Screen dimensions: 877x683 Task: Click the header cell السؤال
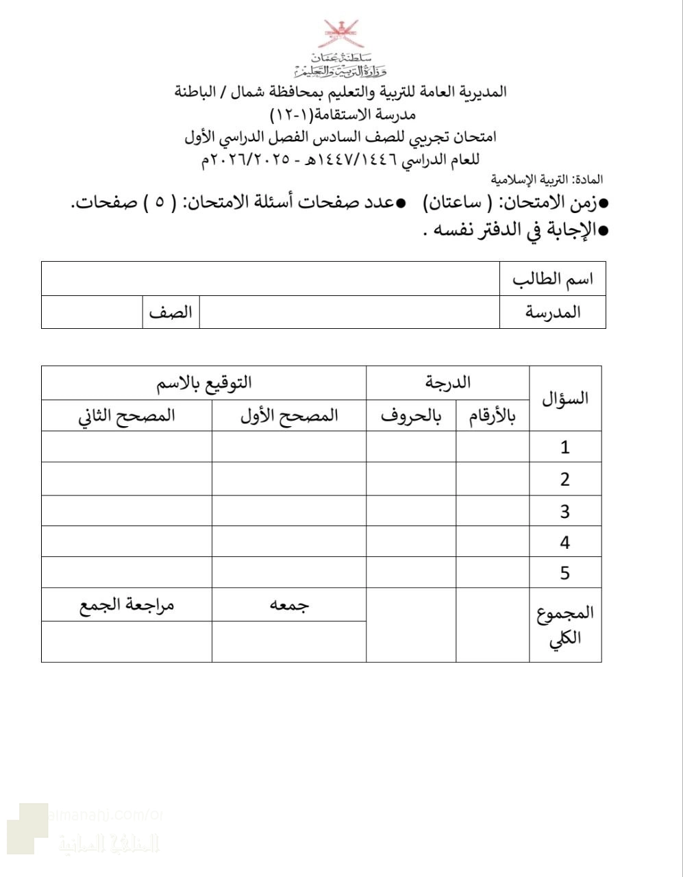(x=565, y=399)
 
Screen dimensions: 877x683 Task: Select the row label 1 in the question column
(x=565, y=447)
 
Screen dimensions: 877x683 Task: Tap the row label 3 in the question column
(x=565, y=511)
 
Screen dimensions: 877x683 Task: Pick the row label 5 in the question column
(x=565, y=573)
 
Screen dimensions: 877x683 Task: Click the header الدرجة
(x=448, y=382)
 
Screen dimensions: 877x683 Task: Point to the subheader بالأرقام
(x=492, y=416)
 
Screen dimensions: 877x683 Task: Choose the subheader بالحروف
(x=411, y=416)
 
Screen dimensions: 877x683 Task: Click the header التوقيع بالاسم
(x=204, y=382)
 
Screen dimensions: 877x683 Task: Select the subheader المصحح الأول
(x=289, y=416)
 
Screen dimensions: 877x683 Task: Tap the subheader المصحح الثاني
(x=127, y=416)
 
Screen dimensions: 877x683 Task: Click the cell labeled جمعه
(x=289, y=605)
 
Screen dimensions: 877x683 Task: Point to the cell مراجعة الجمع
(x=127, y=605)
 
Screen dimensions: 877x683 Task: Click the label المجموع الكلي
(x=565, y=625)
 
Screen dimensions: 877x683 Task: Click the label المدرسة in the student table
(x=553, y=312)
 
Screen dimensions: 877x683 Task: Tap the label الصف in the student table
(x=171, y=312)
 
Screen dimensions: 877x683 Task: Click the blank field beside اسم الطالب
(x=271, y=279)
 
